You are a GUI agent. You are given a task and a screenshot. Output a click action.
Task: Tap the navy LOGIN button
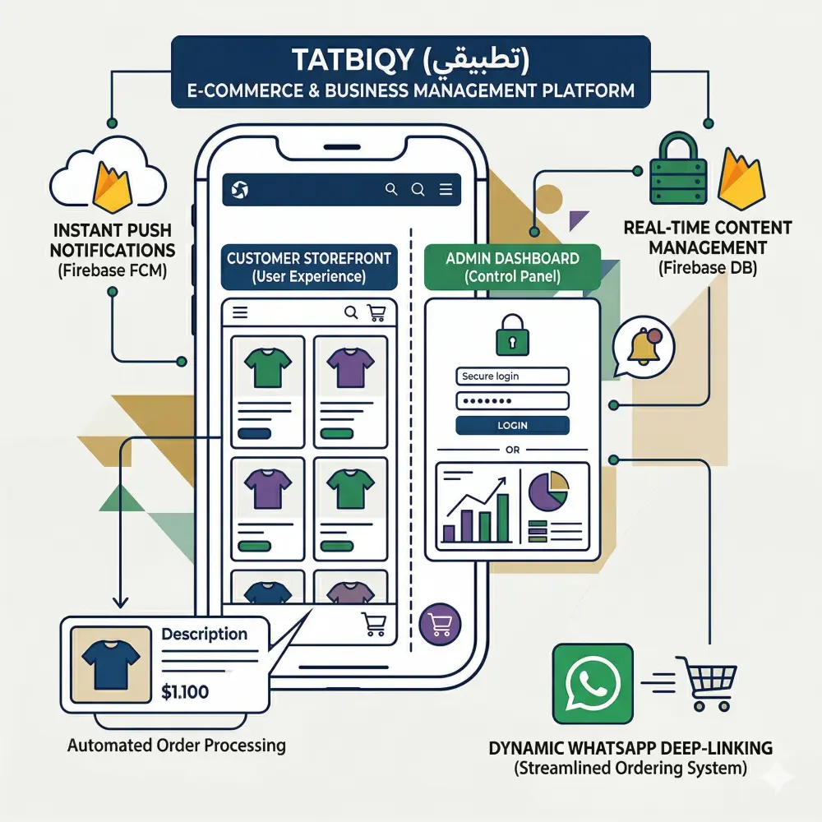[512, 425]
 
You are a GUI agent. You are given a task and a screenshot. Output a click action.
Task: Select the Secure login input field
[512, 376]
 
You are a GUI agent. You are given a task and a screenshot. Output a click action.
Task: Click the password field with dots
[512, 401]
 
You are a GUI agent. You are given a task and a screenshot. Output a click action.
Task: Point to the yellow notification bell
[643, 347]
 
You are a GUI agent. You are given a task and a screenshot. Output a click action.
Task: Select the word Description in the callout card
[204, 635]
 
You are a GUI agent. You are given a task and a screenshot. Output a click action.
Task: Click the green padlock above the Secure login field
[511, 335]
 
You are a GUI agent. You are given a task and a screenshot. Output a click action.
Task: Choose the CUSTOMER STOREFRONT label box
[308, 267]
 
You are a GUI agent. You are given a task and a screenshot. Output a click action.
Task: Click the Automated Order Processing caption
[177, 746]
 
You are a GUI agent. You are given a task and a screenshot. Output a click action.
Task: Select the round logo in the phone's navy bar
[241, 191]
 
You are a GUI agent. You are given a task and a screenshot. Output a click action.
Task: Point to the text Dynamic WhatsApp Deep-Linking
[630, 749]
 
